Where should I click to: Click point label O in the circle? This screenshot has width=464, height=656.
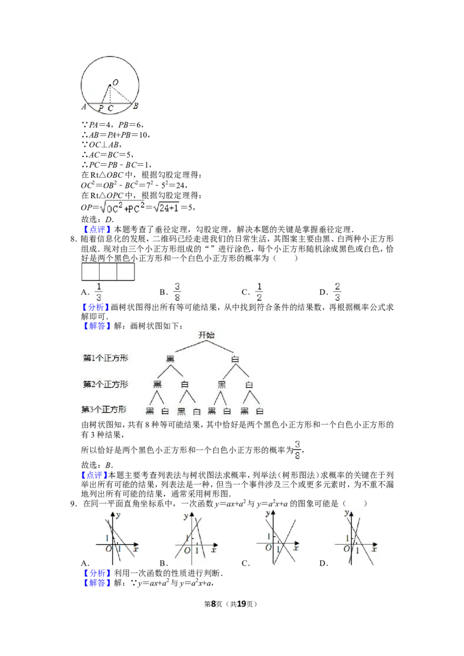[x=115, y=82]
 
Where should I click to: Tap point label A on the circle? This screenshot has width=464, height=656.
[x=84, y=107]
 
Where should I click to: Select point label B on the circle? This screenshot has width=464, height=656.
[x=135, y=106]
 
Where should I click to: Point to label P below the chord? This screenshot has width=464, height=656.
[x=101, y=108]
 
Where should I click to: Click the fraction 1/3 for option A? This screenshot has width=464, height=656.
[x=99, y=291]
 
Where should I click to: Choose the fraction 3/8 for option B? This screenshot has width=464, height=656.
[x=177, y=291]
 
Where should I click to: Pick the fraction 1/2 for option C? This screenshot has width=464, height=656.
[x=259, y=291]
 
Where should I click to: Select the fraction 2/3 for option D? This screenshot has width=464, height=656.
[x=337, y=291]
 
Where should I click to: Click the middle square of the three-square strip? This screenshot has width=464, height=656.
[x=108, y=272]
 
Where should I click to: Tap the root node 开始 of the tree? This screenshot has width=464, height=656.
[x=206, y=335]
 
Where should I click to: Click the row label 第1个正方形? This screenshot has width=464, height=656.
[x=106, y=358]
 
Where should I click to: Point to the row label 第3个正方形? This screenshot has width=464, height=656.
[x=104, y=409]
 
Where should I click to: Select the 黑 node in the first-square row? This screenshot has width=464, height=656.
[x=171, y=359]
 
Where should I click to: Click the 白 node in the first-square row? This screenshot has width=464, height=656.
[x=235, y=359]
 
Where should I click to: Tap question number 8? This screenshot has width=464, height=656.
[x=73, y=239]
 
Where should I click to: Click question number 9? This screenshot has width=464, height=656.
[x=73, y=504]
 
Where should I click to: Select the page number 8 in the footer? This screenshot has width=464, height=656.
[x=213, y=604]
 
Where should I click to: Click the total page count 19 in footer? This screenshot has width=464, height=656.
[x=242, y=604]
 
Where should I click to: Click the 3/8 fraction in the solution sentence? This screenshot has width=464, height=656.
[x=298, y=450]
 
